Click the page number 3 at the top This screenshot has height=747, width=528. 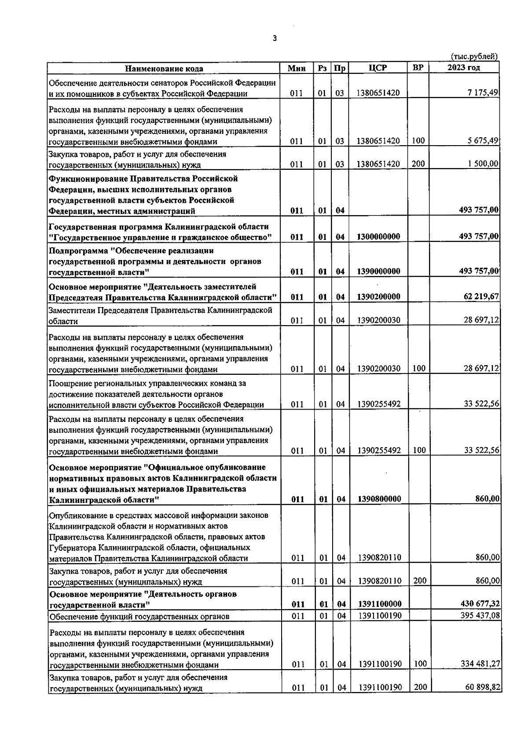pos(275,39)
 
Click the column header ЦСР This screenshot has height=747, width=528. pos(378,68)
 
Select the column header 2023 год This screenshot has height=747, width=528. pos(464,67)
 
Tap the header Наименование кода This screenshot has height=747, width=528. pos(164,69)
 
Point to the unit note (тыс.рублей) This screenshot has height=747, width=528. pos(474,56)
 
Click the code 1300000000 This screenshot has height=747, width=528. pos(379,237)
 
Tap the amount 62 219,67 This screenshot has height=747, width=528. pos(481,297)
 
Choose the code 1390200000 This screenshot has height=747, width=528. pos(379,297)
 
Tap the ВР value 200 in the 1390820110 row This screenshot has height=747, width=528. pos(420,581)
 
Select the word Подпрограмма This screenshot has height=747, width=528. pos(76,251)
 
